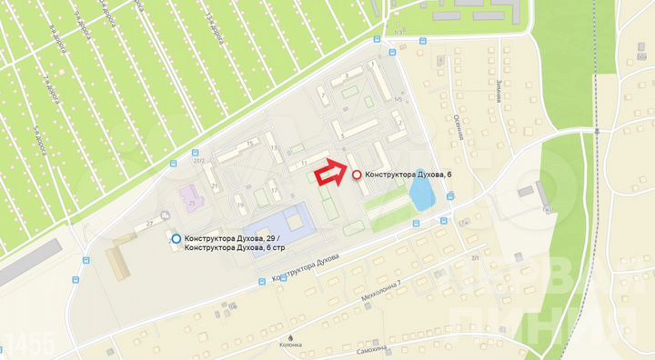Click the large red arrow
329,172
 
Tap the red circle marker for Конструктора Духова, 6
356,174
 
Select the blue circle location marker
176,238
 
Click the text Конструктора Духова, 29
233,239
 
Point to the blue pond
420,192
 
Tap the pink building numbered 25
190,198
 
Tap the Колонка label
316,345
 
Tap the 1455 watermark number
29,344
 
